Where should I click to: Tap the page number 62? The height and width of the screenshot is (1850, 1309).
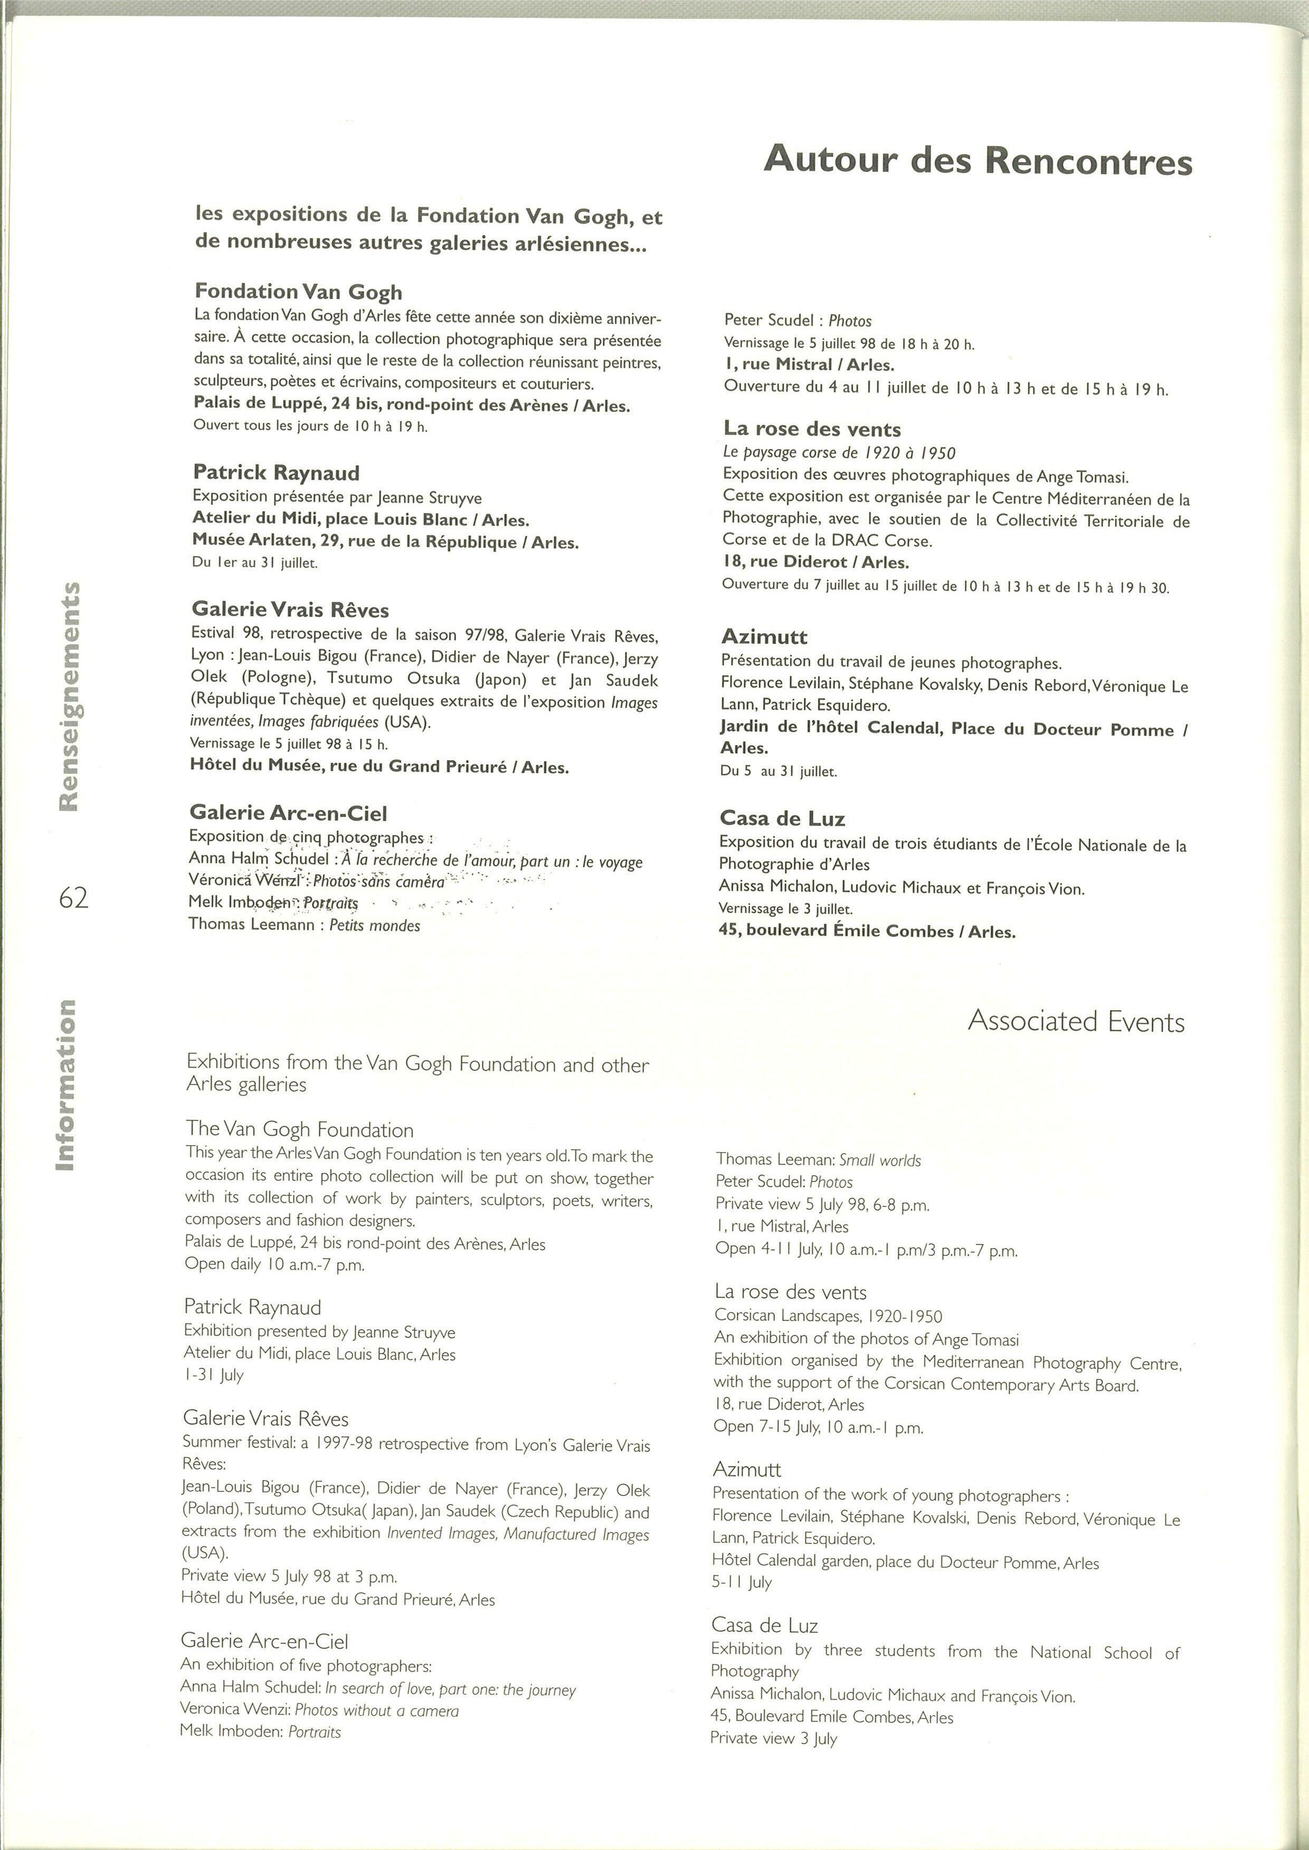pos(73,898)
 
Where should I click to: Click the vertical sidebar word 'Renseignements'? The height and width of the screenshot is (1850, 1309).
pos(69,696)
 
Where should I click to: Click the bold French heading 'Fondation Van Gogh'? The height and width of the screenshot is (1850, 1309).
pos(298,292)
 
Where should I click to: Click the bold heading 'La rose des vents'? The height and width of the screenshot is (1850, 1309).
pos(812,429)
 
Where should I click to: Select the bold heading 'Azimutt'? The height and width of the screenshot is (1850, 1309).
pos(764,637)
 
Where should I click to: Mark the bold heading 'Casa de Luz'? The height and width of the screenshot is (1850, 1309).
pos(782,819)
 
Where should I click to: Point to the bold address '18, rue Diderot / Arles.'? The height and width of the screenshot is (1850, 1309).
pos(815,562)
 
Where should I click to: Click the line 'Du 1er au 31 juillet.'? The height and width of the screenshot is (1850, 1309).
pos(255,562)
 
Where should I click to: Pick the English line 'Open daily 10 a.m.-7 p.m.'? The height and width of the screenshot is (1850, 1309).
pos(274,1264)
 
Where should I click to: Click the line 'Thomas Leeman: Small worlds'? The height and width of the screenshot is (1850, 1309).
pos(817,1159)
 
